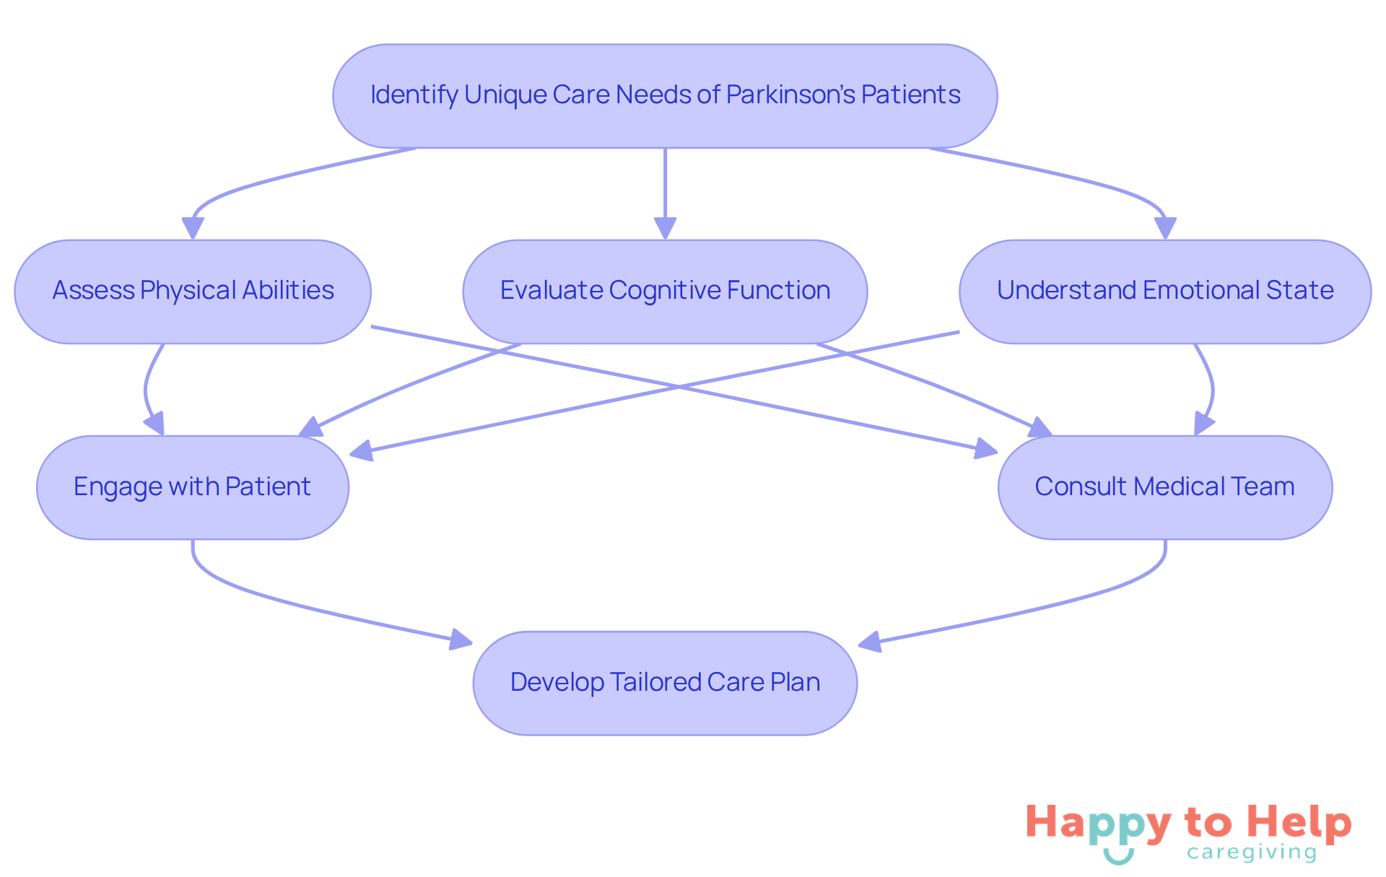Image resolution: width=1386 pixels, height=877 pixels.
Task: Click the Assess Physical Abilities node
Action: (193, 292)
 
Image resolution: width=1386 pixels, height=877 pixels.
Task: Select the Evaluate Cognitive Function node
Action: (665, 292)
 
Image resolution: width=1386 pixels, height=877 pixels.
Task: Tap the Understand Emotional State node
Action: (1164, 292)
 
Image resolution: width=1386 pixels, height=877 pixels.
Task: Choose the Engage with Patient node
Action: (193, 487)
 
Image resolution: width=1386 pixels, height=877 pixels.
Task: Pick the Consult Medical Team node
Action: (1164, 487)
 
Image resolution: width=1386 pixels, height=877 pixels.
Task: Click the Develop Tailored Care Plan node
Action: (665, 683)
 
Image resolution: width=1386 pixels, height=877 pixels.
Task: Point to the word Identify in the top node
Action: (414, 95)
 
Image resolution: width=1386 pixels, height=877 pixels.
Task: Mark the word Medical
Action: (1178, 487)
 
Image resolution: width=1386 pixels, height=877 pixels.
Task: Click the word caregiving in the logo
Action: (1251, 852)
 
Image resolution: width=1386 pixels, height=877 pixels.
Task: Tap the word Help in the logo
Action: (1299, 823)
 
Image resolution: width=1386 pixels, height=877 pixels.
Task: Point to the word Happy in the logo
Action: (1098, 823)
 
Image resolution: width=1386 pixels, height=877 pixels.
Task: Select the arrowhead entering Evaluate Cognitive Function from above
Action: (665, 228)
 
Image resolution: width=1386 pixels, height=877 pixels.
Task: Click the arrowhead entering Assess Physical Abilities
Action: (193, 228)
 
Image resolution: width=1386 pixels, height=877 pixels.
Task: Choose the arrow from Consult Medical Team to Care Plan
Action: (1047, 603)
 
